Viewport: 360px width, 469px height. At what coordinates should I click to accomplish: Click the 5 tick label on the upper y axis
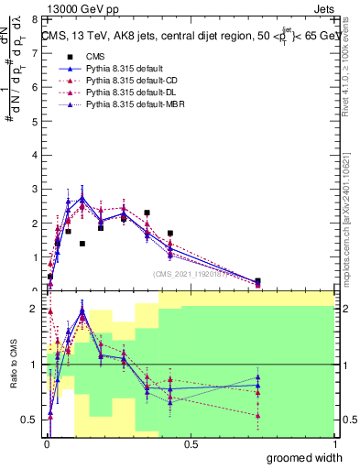(35, 121)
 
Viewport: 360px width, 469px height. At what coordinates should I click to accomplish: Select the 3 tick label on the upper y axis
(35, 189)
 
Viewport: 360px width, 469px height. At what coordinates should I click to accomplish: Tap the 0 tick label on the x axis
(46, 444)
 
